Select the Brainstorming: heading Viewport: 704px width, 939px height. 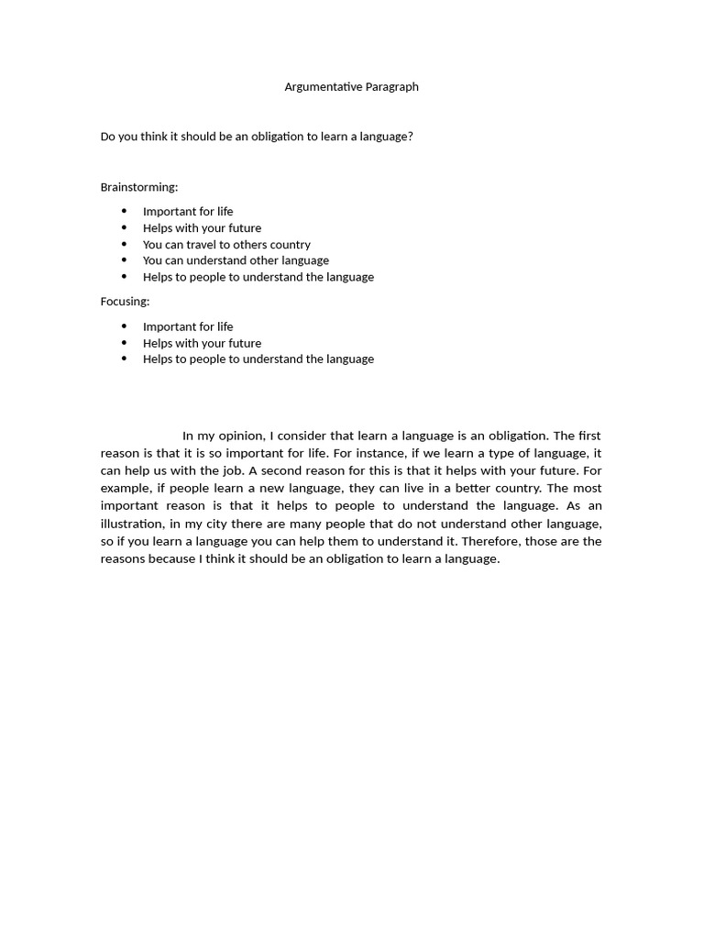point(139,187)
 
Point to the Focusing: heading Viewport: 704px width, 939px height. point(125,302)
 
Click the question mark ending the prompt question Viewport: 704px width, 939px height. point(410,137)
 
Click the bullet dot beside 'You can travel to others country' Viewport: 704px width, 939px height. point(125,245)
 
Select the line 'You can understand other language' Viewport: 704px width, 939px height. point(236,260)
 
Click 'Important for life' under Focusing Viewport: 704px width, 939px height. point(188,326)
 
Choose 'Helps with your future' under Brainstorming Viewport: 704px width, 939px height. point(202,228)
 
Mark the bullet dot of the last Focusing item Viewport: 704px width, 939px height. point(125,359)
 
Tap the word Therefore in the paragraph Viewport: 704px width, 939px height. point(490,541)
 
